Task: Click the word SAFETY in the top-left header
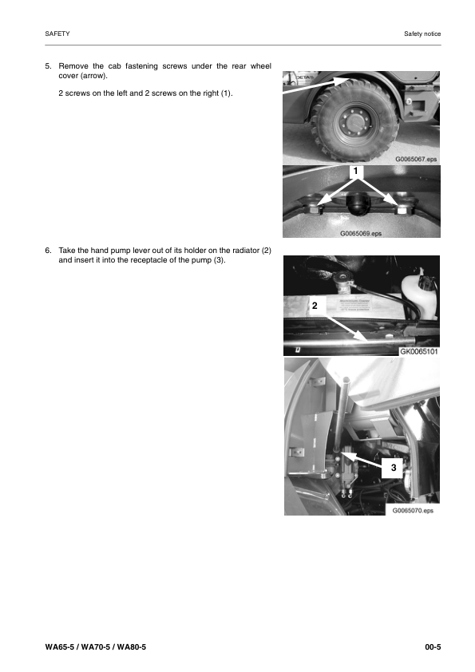57,34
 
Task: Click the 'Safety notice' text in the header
422,34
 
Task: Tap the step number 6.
48,251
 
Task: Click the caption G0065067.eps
416,159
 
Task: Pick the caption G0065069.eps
361,234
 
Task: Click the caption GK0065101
418,350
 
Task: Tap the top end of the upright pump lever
346,381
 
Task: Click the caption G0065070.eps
412,508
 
